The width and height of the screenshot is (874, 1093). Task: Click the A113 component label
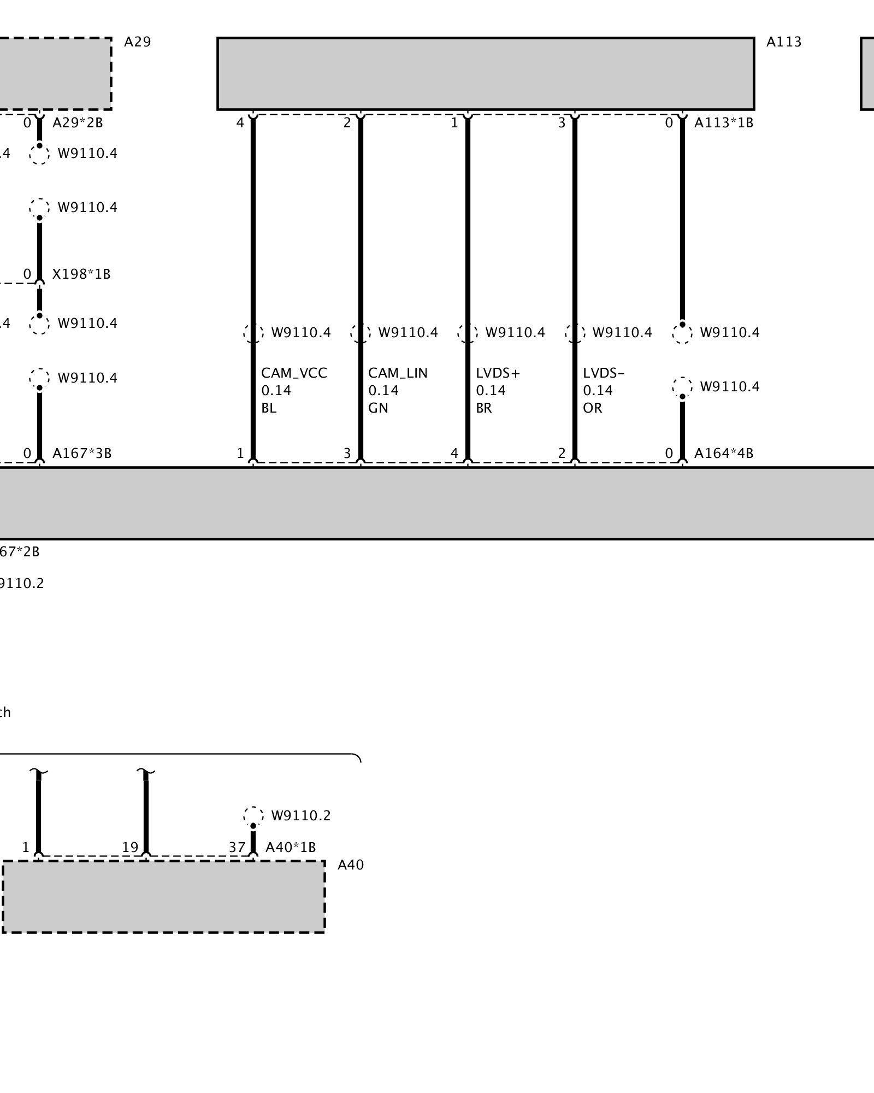pyautogui.click(x=783, y=42)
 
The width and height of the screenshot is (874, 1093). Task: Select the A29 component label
pyautogui.click(x=137, y=42)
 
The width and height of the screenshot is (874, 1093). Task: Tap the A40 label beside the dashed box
pyautogui.click(x=350, y=865)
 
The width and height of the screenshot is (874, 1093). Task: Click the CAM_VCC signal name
pyautogui.click(x=294, y=373)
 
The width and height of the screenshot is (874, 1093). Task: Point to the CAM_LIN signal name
pyautogui.click(x=398, y=373)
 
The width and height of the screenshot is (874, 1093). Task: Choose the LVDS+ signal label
pyautogui.click(x=498, y=373)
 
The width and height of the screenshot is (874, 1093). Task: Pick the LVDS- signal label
pyautogui.click(x=603, y=373)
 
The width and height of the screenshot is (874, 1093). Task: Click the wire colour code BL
pyautogui.click(x=269, y=408)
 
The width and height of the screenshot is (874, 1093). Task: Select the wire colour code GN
pyautogui.click(x=378, y=408)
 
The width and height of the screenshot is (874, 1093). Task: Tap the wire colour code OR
pyautogui.click(x=592, y=408)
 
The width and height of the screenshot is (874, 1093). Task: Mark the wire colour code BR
pyautogui.click(x=483, y=408)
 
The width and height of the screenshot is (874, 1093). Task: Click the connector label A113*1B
pyautogui.click(x=723, y=123)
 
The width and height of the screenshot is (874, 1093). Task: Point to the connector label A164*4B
pyautogui.click(x=723, y=454)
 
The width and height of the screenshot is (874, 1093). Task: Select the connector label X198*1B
pyautogui.click(x=81, y=274)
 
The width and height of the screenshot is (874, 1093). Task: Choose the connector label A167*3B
pyautogui.click(x=82, y=454)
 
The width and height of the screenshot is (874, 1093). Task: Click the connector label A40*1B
pyautogui.click(x=291, y=848)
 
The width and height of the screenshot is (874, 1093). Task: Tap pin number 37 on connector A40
pyautogui.click(x=237, y=848)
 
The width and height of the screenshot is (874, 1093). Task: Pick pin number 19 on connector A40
pyautogui.click(x=130, y=848)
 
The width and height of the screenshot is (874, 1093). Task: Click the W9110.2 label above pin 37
pyautogui.click(x=300, y=816)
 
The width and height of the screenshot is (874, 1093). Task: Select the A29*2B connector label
pyautogui.click(x=78, y=123)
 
